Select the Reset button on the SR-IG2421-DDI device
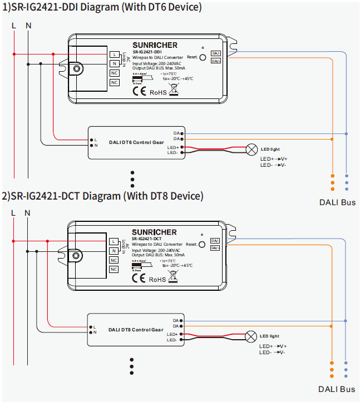pyautogui.click(x=203, y=57)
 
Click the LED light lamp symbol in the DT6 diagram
pyautogui.click(x=251, y=149)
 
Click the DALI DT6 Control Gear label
pyautogui.click(x=136, y=142)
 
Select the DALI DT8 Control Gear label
pyautogui.click(x=136, y=330)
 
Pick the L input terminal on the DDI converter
pyautogui.click(x=114, y=54)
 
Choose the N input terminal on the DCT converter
pyautogui.click(x=114, y=251)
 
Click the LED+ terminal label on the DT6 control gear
pyautogui.click(x=172, y=147)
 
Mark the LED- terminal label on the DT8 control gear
pyautogui.click(x=172, y=339)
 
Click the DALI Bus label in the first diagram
pyautogui.click(x=337, y=202)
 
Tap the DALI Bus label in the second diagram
pyautogui.click(x=337, y=389)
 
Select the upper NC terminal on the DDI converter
pyautogui.click(x=114, y=73)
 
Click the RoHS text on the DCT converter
pyautogui.click(x=157, y=279)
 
